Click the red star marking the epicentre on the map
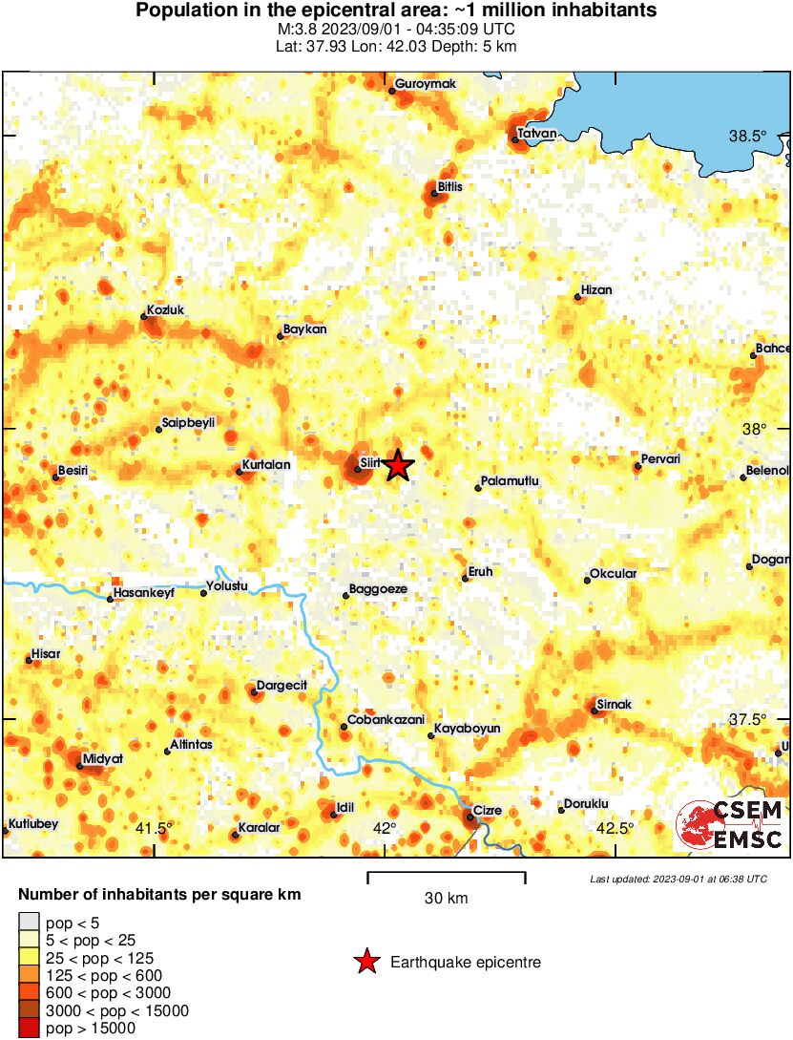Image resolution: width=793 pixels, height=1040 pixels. click(399, 466)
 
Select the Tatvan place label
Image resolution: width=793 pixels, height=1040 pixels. click(536, 134)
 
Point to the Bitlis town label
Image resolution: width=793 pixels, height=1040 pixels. click(449, 186)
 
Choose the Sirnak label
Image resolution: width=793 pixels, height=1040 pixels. click(614, 705)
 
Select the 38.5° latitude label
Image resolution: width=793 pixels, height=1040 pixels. click(747, 137)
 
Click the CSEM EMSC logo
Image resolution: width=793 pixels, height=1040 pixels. click(730, 826)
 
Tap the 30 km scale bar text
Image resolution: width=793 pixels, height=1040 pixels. click(446, 899)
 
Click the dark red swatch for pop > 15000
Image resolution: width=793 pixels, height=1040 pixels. click(29, 1028)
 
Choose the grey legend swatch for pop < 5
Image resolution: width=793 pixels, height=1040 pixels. click(29, 923)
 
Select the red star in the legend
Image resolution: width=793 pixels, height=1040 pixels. click(365, 963)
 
